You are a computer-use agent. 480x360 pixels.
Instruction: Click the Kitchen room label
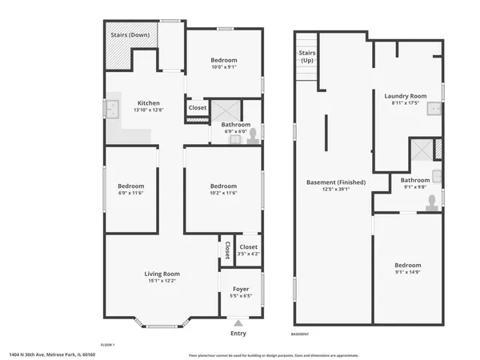pos(149,103)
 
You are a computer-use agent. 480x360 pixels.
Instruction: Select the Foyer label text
pos(240,289)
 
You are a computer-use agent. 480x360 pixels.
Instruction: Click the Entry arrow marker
pos(238,323)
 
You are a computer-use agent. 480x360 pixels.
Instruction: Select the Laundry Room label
pos(405,96)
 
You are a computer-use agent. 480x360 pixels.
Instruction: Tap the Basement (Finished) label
pos(336,182)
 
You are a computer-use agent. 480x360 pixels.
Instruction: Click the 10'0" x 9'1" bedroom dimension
pos(224,68)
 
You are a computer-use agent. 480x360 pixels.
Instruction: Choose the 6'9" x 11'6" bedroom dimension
pos(131,193)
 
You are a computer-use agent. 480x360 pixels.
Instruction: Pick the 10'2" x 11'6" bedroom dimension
pos(223,193)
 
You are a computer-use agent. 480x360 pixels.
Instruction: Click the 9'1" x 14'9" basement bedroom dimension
pos(407,273)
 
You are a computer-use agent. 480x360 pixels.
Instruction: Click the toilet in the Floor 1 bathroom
pos(253,136)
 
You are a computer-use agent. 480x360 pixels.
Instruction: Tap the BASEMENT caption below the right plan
pos(299,334)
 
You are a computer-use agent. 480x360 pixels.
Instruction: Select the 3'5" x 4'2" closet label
pos(249,250)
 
